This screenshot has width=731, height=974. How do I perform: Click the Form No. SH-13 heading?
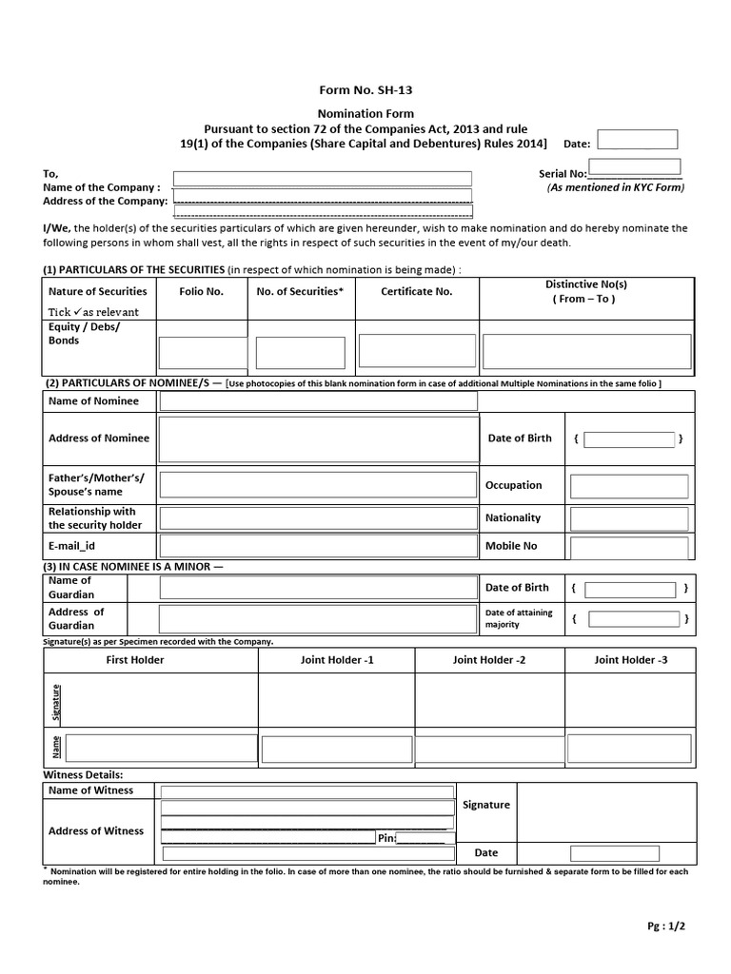(x=365, y=90)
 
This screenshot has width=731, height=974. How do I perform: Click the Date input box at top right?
(x=637, y=140)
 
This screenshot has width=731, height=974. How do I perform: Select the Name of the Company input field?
(x=322, y=179)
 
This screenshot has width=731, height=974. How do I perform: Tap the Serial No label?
(x=563, y=174)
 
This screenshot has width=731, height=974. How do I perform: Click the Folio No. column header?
(x=201, y=291)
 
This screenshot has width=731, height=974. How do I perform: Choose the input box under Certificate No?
(x=416, y=350)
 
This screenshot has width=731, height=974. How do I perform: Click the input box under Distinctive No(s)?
(x=585, y=350)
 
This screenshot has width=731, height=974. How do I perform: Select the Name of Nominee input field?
(x=318, y=401)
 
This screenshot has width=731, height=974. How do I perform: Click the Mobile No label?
(x=511, y=546)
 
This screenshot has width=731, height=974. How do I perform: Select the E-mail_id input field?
(x=318, y=546)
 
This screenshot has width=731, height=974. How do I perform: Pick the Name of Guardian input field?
(x=318, y=588)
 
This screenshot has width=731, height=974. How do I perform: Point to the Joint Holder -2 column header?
(x=489, y=659)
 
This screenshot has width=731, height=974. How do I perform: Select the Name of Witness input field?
(x=306, y=791)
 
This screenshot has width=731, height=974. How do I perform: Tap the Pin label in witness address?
(x=385, y=838)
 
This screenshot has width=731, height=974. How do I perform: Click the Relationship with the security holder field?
(x=318, y=518)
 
